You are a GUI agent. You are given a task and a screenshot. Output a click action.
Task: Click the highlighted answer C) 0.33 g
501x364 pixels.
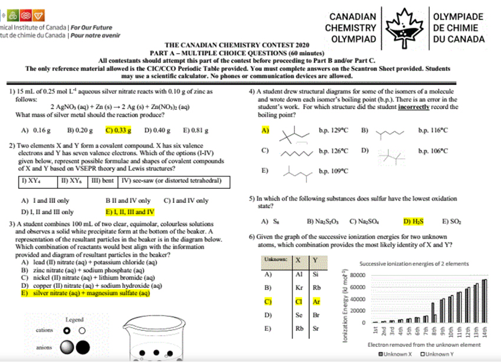click(x=118, y=130)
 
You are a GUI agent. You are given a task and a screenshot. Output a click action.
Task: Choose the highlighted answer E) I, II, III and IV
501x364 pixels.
click(x=130, y=211)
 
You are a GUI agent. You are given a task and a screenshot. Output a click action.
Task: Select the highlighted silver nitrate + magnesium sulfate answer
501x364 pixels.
click(x=86, y=293)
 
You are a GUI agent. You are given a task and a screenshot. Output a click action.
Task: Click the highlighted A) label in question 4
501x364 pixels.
click(x=266, y=130)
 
